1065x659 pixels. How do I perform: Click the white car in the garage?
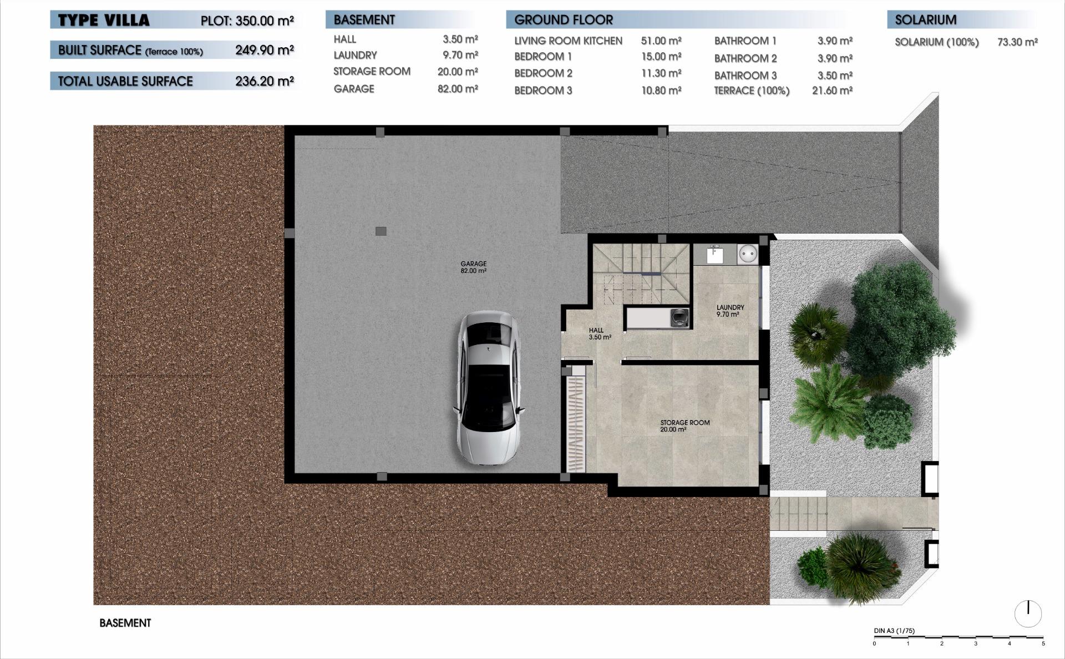point(488,388)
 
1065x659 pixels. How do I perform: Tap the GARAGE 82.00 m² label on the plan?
point(473,267)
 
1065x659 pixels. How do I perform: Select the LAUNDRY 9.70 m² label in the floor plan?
point(729,311)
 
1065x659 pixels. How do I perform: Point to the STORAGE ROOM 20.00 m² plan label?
point(684,425)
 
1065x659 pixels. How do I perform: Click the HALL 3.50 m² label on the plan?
point(599,333)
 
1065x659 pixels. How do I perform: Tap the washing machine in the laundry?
point(679,318)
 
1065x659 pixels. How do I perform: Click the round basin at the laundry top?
point(748,255)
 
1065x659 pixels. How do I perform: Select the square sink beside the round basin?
point(715,255)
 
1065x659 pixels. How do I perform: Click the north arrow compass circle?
point(1028,614)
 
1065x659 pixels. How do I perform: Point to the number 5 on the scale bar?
point(1043,644)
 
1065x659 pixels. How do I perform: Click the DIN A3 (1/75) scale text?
point(894,631)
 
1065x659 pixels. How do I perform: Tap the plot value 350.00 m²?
point(264,21)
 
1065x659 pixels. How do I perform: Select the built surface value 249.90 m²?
point(264,50)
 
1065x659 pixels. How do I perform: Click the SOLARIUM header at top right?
point(925,20)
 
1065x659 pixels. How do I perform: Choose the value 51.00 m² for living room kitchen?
point(661,40)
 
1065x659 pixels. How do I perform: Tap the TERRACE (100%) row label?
point(751,91)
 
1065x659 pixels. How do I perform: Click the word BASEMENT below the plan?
point(125,623)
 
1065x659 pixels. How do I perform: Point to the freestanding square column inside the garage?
point(381,231)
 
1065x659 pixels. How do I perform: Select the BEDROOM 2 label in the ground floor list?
point(542,73)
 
